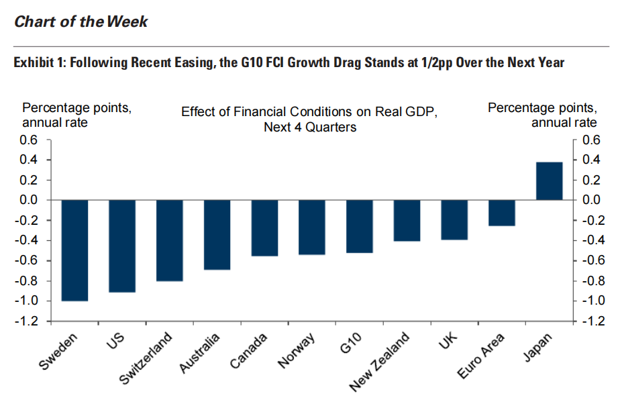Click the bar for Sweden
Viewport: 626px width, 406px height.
pyautogui.click(x=74, y=250)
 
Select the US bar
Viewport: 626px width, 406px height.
pyautogui.click(x=121, y=246)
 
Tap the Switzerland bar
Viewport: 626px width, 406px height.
pyautogui.click(x=169, y=240)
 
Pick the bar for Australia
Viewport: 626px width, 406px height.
pyautogui.click(x=217, y=235)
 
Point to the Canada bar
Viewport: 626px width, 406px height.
pyautogui.click(x=264, y=228)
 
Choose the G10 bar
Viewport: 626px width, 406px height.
pyautogui.click(x=359, y=226)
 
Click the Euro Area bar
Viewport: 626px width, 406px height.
pyautogui.click(x=501, y=213)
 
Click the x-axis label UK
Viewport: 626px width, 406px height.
pyautogui.click(x=449, y=340)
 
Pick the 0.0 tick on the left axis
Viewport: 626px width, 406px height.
pyautogui.click(x=34, y=200)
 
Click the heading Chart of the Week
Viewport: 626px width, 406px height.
pyautogui.click(x=81, y=21)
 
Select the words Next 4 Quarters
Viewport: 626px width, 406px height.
pyautogui.click(x=309, y=127)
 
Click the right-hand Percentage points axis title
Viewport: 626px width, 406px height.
pyautogui.click(x=541, y=108)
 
